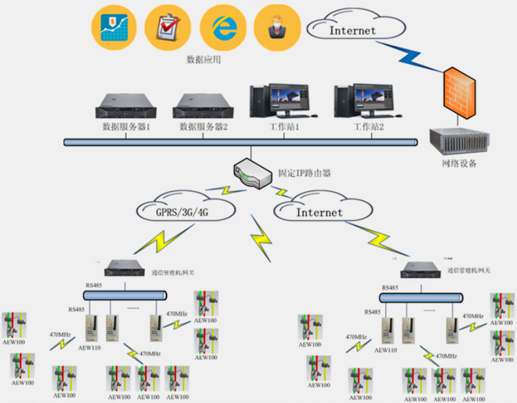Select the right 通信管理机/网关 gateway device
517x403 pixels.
tap(421, 269)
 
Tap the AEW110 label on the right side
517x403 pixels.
tap(385, 350)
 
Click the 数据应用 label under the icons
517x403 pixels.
tap(203, 60)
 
